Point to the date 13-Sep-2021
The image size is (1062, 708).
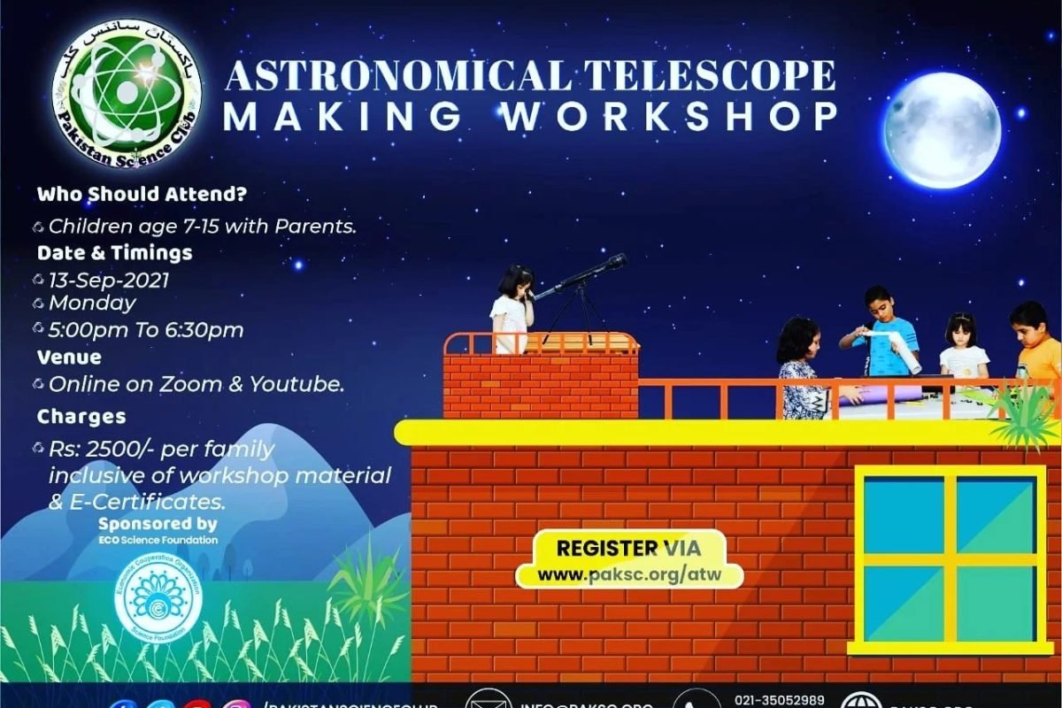click(x=109, y=280)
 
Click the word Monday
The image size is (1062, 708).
click(x=92, y=303)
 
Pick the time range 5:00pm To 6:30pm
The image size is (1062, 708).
click(x=146, y=329)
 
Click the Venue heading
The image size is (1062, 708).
click(x=69, y=358)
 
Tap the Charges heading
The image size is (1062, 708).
click(x=81, y=416)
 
